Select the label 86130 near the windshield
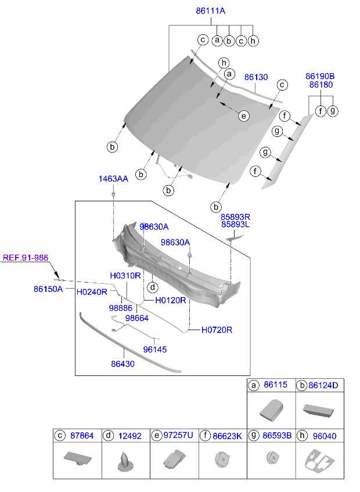point(255,77)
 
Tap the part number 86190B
point(321,76)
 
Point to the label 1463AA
point(113,179)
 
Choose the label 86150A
point(48,288)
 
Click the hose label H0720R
point(217,330)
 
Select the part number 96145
point(155,349)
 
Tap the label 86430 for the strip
point(123,364)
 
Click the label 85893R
point(235,216)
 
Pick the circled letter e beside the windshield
point(244,116)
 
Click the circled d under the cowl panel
point(152,287)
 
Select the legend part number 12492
point(130,435)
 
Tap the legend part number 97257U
point(178,435)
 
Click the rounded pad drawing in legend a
point(271,410)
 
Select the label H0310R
point(125,275)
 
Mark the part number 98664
point(137,318)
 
